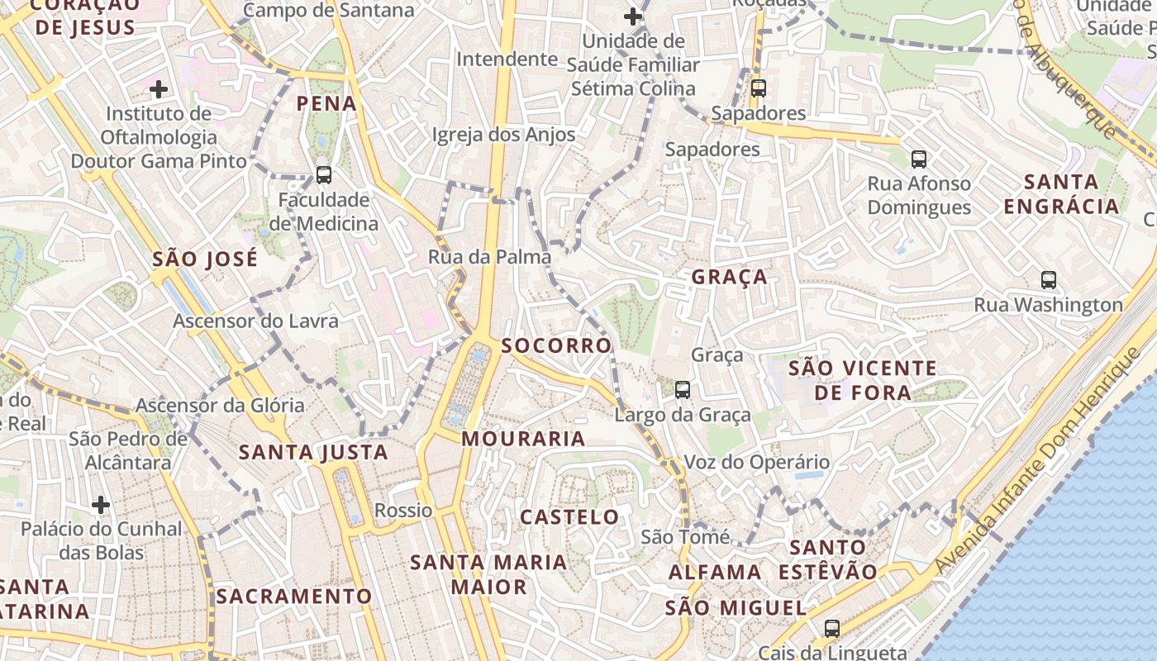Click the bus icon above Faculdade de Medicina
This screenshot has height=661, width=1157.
[x=324, y=175]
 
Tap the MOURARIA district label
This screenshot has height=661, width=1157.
[x=523, y=439]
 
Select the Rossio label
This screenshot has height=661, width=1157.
[x=403, y=511]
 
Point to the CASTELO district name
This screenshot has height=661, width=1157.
[x=569, y=517]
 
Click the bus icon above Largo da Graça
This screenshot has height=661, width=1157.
[x=683, y=389]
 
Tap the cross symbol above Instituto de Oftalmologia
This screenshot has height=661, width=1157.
[x=159, y=88]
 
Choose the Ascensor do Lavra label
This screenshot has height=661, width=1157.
[x=255, y=321]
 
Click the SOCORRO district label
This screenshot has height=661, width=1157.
[x=556, y=345]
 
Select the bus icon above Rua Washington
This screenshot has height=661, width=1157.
[x=1049, y=279]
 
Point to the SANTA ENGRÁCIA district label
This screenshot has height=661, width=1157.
[x=1061, y=194]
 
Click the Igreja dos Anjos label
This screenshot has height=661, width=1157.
[x=503, y=135]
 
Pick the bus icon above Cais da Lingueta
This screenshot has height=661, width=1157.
[x=832, y=628]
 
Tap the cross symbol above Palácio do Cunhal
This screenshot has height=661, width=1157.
[x=101, y=504]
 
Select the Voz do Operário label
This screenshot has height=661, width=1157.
[x=756, y=463]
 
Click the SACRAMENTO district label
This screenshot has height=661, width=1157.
[x=294, y=596]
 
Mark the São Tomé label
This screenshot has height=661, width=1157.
[x=685, y=537]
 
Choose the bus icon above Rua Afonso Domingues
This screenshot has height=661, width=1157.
[x=919, y=159]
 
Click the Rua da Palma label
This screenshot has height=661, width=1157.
[x=489, y=257]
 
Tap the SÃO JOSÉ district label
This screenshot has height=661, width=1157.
[x=205, y=259]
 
